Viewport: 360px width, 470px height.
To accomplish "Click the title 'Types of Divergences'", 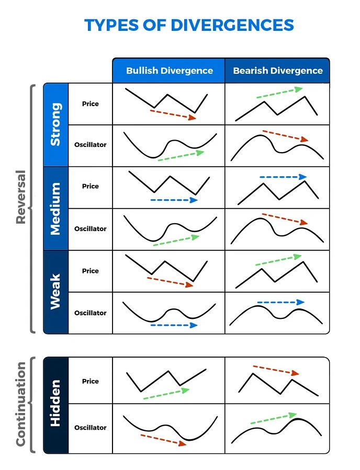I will [189, 25].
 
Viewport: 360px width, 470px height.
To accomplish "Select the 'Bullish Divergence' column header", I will [169, 71].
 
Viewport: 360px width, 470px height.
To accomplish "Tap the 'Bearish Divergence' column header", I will [277, 71].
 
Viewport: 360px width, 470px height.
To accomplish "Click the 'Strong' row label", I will [55, 124].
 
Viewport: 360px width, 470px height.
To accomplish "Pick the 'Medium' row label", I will [55, 208].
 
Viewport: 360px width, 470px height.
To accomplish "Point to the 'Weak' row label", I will [55, 292].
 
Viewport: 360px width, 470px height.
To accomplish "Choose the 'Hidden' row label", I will [55, 404].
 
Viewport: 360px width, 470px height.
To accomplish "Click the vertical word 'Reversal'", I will [20, 197].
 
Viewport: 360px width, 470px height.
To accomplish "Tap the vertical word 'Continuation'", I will [20, 404].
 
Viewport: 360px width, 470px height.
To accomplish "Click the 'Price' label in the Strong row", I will [90, 104].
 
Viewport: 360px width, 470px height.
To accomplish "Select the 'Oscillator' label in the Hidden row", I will [90, 427].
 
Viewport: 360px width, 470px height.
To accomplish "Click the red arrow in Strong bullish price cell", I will [173, 114].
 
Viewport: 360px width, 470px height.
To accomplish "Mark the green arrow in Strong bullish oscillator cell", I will [181, 155].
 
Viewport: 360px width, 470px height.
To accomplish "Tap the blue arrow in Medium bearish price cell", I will [283, 177].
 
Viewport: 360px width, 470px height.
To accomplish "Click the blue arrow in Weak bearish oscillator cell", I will [280, 302].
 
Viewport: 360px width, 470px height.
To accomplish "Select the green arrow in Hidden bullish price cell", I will [166, 394].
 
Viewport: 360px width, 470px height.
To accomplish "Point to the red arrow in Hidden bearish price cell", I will [276, 370].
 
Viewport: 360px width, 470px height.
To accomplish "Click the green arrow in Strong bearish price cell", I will [279, 93].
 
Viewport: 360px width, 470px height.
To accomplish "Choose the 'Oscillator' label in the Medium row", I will [90, 228].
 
